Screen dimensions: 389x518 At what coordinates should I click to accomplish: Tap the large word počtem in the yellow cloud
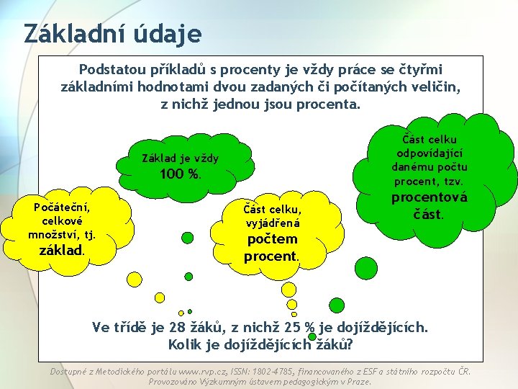[x=272, y=239]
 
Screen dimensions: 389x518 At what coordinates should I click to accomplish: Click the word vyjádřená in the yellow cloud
[x=272, y=223]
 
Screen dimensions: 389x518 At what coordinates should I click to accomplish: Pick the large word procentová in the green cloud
[x=429, y=197]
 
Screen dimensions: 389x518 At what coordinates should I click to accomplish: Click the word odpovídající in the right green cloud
[x=429, y=153]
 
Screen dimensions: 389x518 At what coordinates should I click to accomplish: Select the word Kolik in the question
[x=186, y=344]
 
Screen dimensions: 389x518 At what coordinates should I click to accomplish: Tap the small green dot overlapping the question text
[x=312, y=336]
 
